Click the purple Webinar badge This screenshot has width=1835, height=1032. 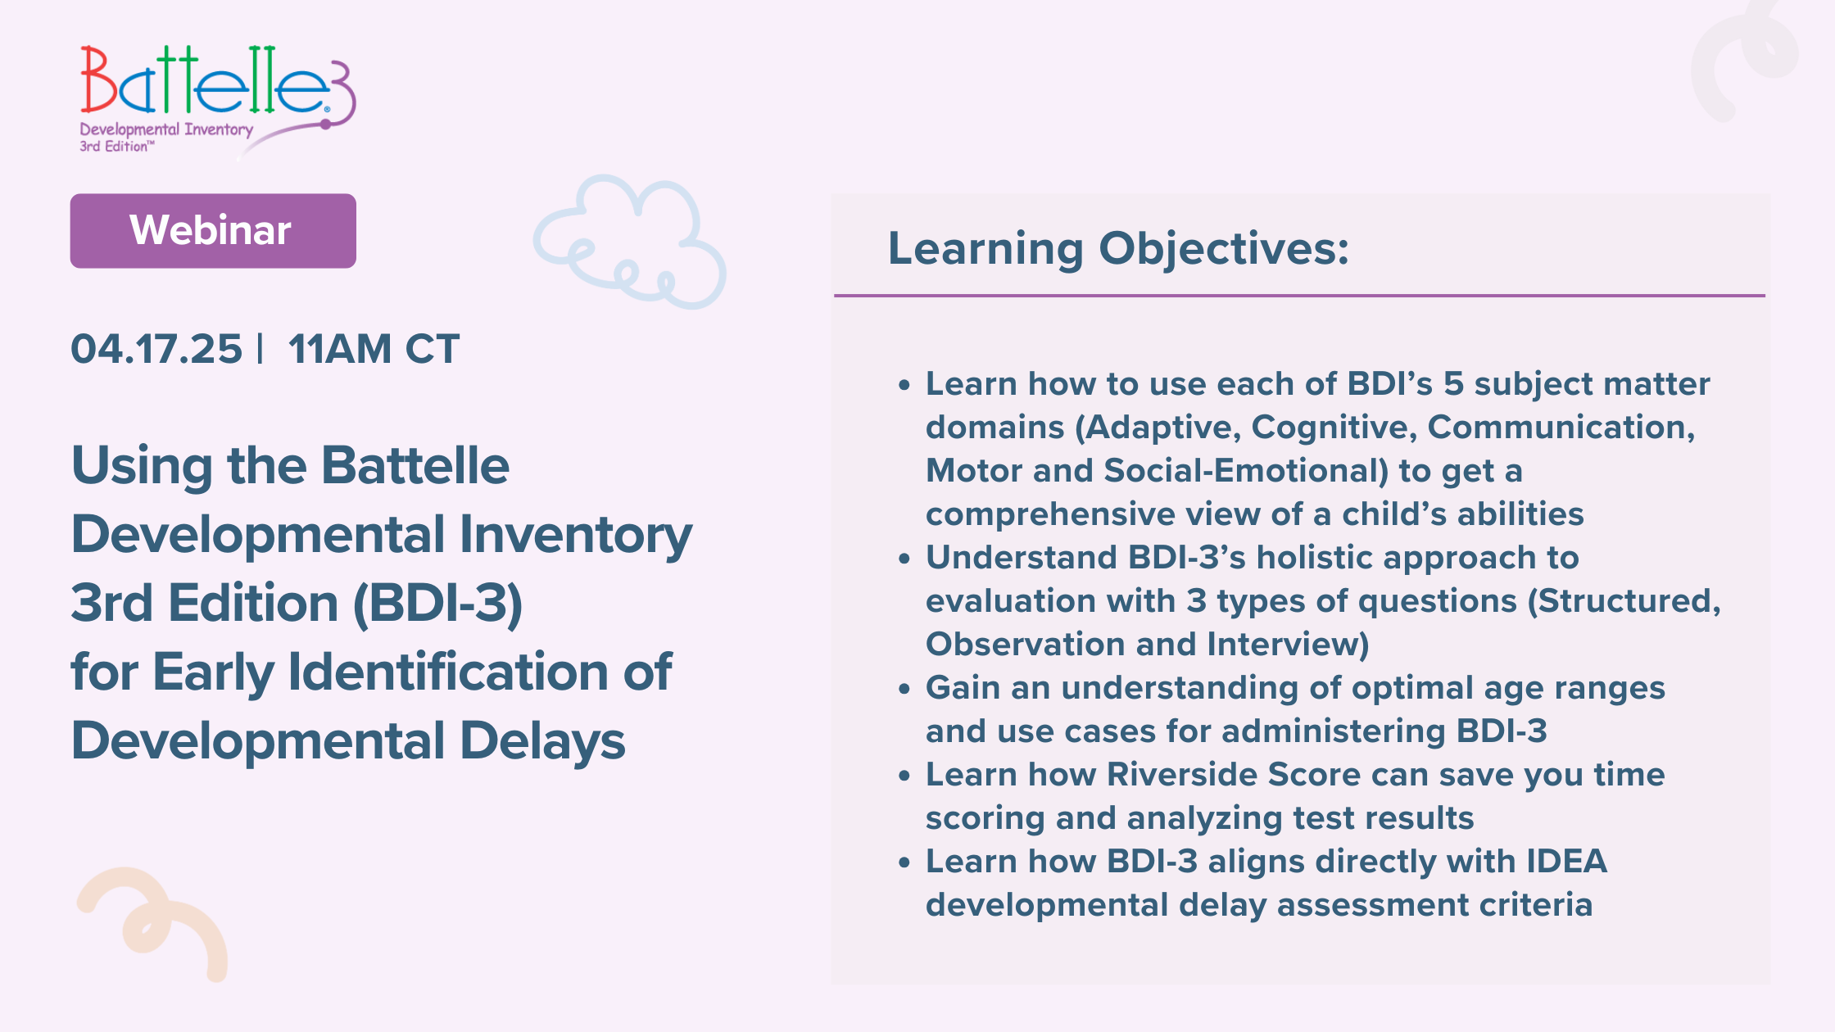pos(213,231)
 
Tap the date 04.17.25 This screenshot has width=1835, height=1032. pos(156,349)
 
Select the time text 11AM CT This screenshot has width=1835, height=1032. pos(374,349)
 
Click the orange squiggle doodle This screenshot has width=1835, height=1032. pos(156,921)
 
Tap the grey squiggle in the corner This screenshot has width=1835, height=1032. pos(1745,57)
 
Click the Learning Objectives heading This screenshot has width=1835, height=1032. pos(1118,248)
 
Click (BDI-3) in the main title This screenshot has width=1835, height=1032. pos(437,604)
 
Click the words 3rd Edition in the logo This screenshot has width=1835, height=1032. pos(115,147)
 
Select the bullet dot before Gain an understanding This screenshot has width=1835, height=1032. pos(904,689)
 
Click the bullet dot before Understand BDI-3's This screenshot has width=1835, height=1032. pos(904,559)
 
